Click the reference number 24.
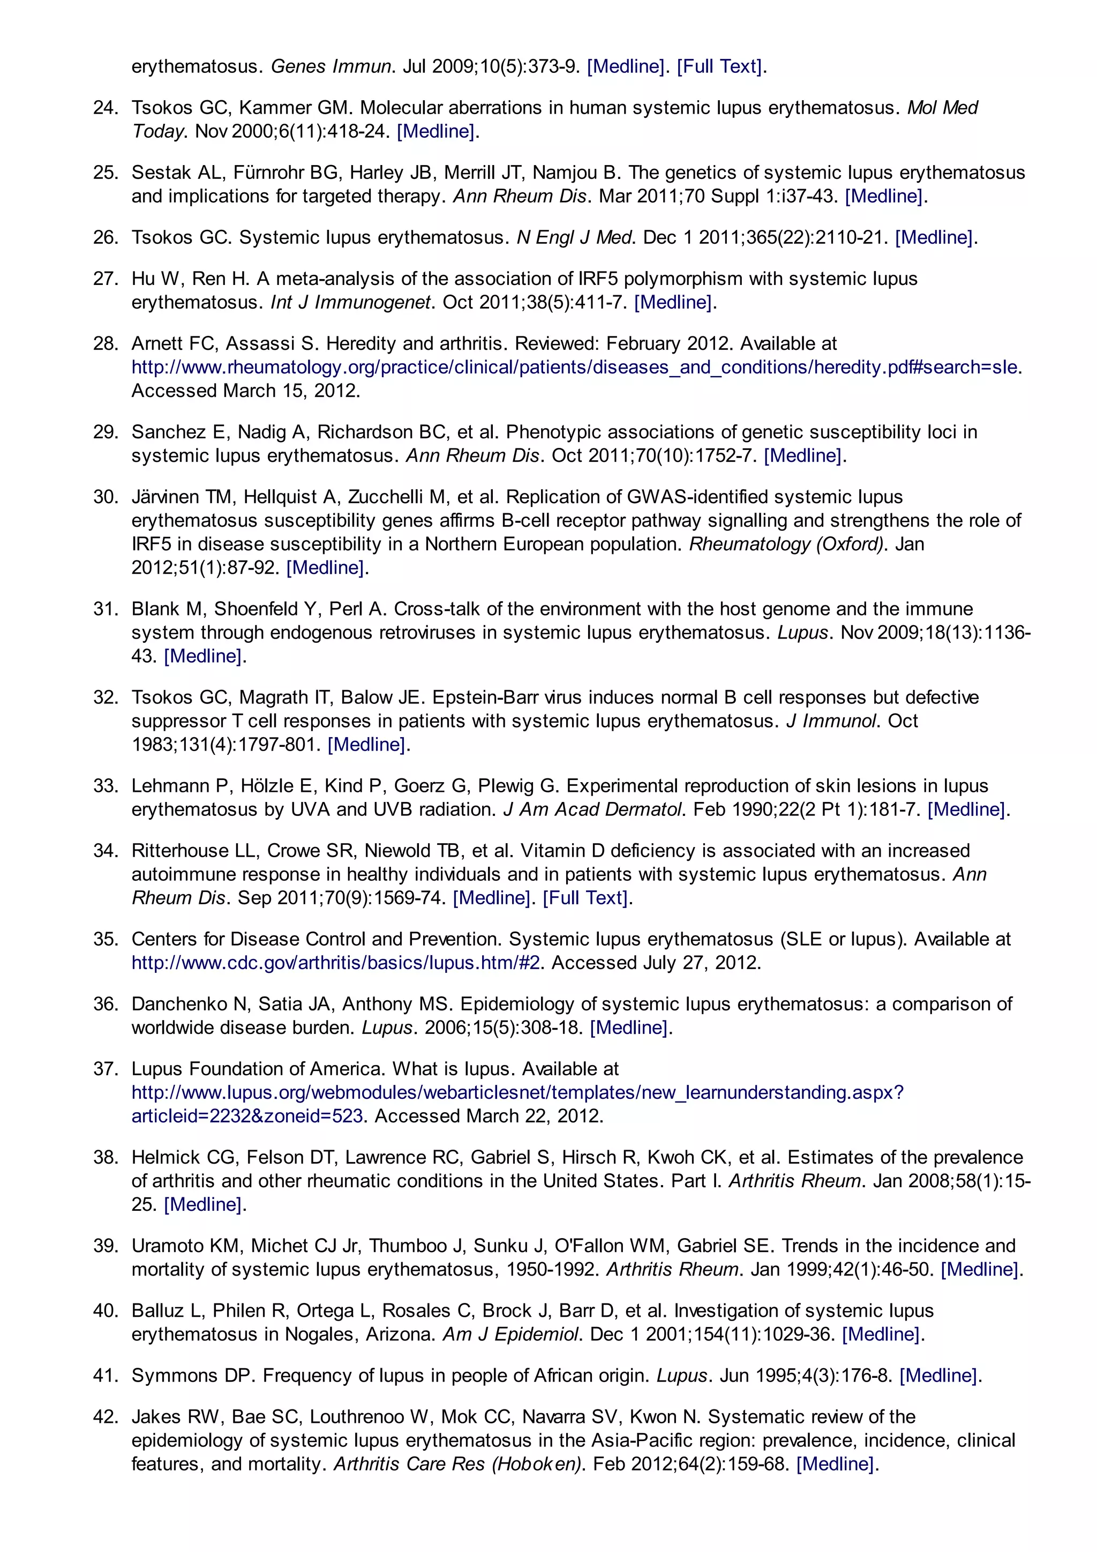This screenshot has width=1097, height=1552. [x=105, y=108]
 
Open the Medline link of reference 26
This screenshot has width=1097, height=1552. [x=934, y=237]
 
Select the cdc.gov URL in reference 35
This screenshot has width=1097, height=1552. [x=336, y=963]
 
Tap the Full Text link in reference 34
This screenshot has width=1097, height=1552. [x=585, y=898]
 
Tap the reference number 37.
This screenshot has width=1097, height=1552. [x=105, y=1069]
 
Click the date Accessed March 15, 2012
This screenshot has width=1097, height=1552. [x=245, y=391]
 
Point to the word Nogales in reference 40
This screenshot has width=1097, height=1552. [x=321, y=1334]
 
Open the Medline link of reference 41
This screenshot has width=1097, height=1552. [x=938, y=1376]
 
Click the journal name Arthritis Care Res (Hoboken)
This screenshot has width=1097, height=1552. [x=460, y=1464]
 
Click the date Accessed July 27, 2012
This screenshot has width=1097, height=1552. [x=656, y=963]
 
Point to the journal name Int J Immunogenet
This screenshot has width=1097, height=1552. [x=351, y=302]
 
